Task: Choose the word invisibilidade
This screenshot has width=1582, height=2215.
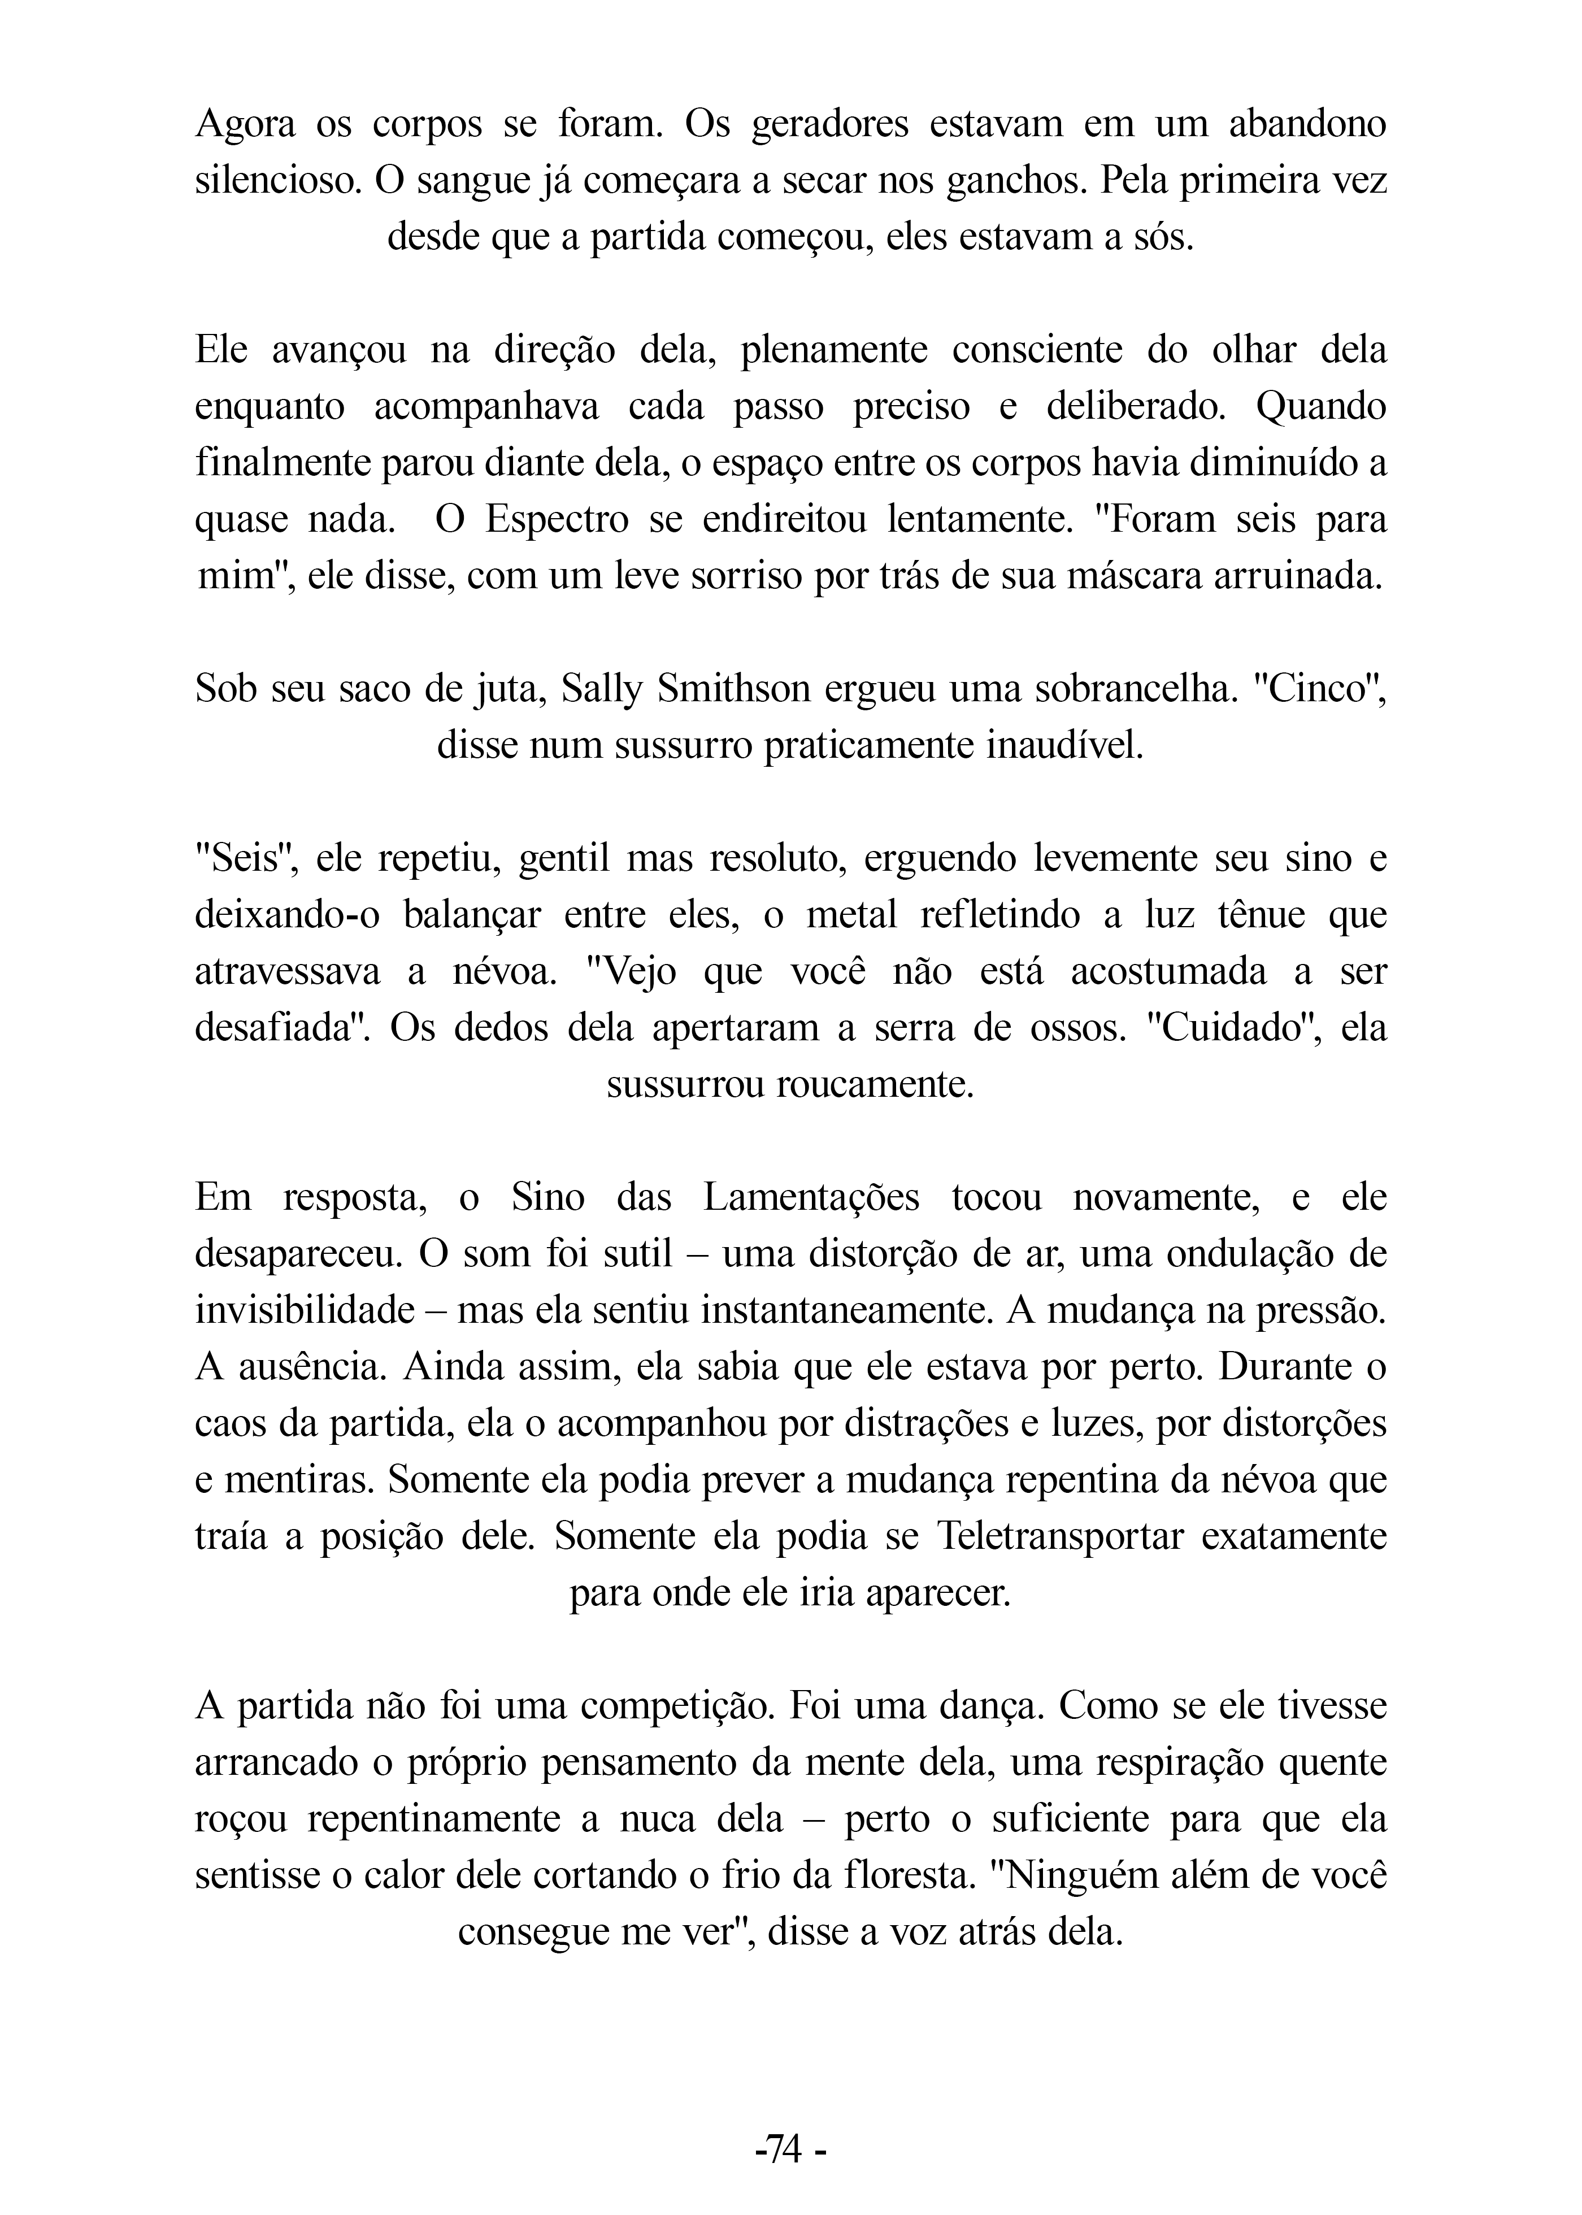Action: pyautogui.click(x=305, y=1310)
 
